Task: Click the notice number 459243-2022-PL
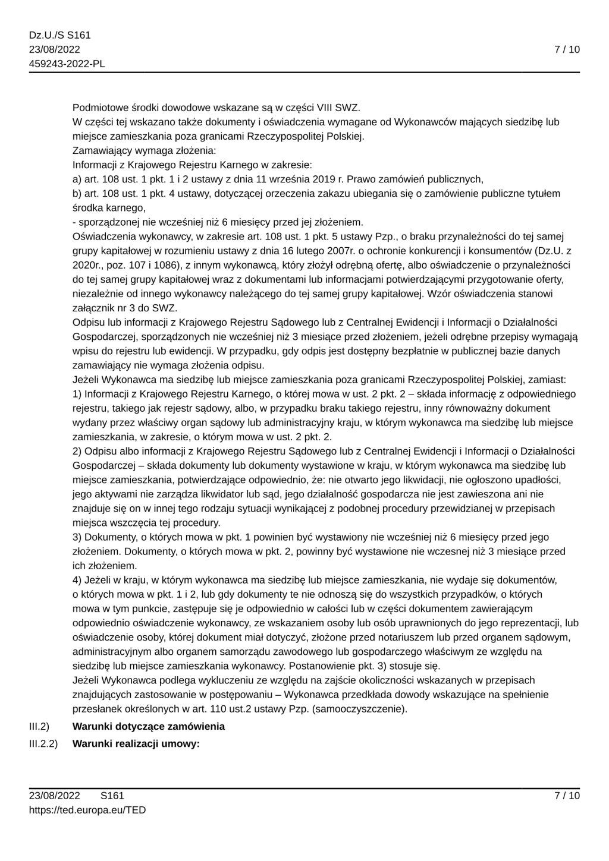[67, 64]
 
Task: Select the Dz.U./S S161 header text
[60, 36]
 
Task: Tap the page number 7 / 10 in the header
[567, 50]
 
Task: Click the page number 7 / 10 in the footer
[567, 796]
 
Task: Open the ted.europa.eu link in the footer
[87, 810]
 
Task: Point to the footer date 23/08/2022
[55, 796]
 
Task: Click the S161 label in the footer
[112, 796]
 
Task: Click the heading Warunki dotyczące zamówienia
[149, 726]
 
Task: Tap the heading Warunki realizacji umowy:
[136, 743]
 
